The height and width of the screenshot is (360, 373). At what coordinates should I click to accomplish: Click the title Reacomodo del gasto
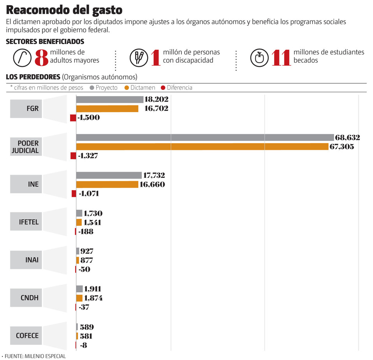point(64,10)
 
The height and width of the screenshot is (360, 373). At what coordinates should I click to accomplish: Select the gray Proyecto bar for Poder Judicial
point(205,137)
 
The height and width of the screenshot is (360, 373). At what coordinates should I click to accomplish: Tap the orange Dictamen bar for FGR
point(107,109)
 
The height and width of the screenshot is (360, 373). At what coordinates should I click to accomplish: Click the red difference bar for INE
point(74,193)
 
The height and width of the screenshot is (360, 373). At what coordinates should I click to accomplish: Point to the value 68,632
point(347,137)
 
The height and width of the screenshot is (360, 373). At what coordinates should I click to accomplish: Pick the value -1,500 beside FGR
point(89,118)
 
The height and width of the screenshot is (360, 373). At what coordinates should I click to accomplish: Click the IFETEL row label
point(29,222)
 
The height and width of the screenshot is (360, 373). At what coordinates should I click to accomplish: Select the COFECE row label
point(27,335)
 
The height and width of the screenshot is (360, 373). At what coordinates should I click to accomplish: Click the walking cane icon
point(22,57)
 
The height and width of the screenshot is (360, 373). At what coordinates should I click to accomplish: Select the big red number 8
point(41,58)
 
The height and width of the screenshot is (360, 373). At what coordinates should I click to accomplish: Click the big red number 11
point(281,58)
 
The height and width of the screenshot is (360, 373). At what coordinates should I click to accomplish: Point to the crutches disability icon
point(139,57)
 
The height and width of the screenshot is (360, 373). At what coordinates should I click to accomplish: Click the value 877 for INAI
point(87,260)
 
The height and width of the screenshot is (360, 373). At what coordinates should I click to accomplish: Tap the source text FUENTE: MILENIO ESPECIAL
point(35,356)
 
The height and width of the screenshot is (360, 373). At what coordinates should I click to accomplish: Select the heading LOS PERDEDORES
point(33,77)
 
